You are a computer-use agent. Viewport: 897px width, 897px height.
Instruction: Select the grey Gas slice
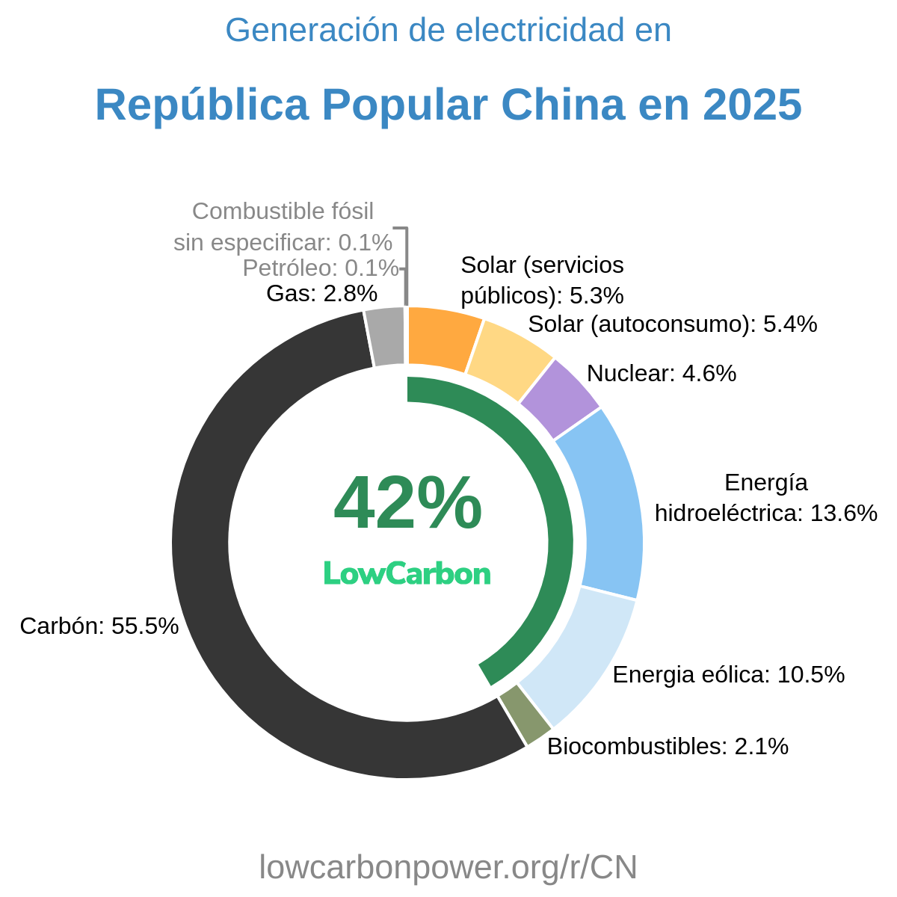pyautogui.click(x=386, y=337)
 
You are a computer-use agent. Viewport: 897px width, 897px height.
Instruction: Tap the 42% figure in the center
pyautogui.click(x=407, y=505)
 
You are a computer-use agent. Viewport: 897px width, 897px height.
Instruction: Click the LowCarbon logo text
pyautogui.click(x=407, y=573)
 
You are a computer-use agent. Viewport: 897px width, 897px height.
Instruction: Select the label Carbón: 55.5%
pyautogui.click(x=99, y=626)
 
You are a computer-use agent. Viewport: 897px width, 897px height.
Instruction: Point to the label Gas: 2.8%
pyautogui.click(x=321, y=293)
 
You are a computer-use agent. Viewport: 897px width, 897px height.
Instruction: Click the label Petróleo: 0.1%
pyautogui.click(x=321, y=267)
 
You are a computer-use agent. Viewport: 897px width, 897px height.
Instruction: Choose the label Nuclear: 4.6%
pyautogui.click(x=662, y=373)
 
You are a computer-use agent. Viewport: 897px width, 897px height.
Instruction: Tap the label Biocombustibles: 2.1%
pyautogui.click(x=668, y=746)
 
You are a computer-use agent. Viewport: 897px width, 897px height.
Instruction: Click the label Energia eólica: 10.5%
pyautogui.click(x=728, y=674)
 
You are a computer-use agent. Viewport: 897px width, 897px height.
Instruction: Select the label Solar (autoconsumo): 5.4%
pyautogui.click(x=672, y=324)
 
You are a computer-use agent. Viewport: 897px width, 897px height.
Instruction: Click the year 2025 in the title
pyautogui.click(x=752, y=105)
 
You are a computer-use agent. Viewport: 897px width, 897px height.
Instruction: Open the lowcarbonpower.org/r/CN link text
pyautogui.click(x=448, y=867)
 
